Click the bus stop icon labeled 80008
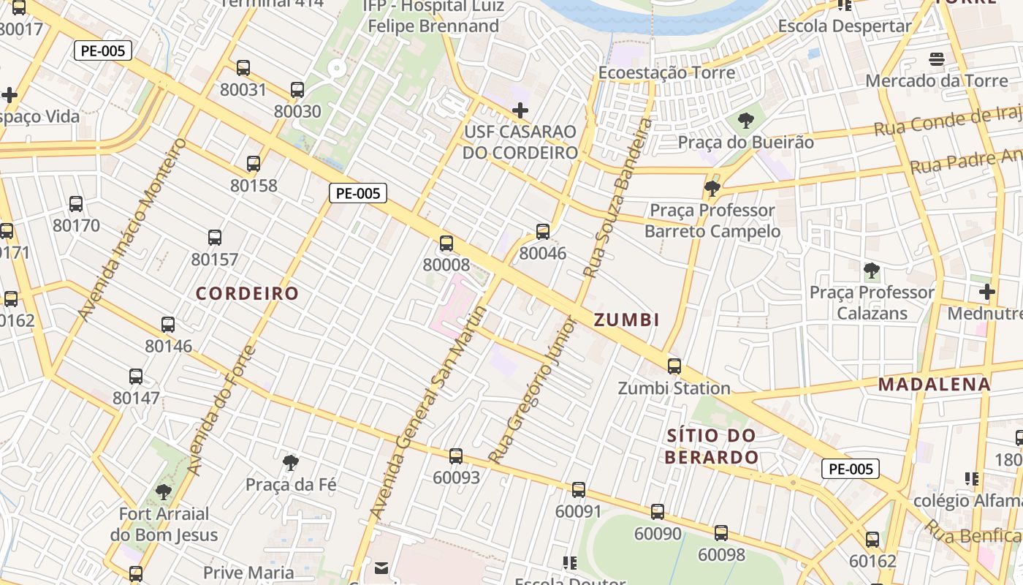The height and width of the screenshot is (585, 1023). click(x=446, y=244)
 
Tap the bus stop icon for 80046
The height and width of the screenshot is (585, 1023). click(x=543, y=232)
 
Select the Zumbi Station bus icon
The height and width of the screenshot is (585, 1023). click(x=674, y=366)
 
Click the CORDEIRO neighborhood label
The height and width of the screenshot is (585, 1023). click(x=248, y=294)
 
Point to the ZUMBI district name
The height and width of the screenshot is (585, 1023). click(x=627, y=320)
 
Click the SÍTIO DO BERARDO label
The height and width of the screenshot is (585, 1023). click(x=712, y=447)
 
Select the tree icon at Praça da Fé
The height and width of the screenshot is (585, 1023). click(x=291, y=462)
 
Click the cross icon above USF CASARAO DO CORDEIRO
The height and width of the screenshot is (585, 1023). click(x=520, y=110)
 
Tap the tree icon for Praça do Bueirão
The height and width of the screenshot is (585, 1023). click(x=746, y=121)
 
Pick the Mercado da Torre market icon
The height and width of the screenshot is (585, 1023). click(x=937, y=59)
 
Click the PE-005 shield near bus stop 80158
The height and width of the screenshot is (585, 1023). click(x=357, y=193)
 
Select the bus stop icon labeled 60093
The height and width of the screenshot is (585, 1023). click(x=456, y=456)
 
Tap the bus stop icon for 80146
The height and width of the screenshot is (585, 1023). click(x=168, y=325)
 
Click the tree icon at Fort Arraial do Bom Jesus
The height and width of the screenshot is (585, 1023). click(x=164, y=491)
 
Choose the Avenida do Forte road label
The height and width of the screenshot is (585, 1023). click(x=221, y=409)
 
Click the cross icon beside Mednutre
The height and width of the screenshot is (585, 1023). click(x=987, y=292)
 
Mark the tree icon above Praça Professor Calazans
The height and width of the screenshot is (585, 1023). click(x=871, y=271)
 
